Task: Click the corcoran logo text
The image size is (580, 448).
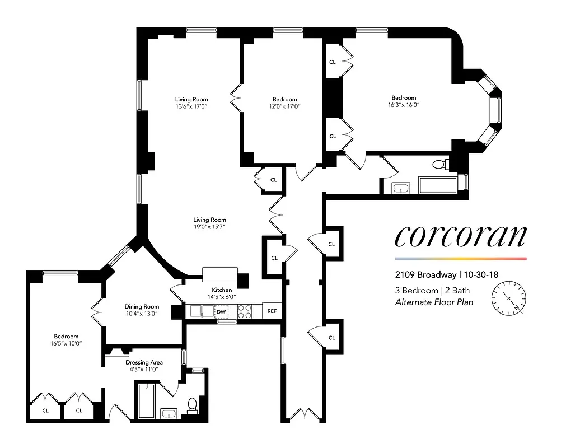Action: (x=460, y=236)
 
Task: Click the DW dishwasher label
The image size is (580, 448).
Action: (x=221, y=311)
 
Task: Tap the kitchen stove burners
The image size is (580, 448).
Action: (x=245, y=311)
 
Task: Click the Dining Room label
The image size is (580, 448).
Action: (x=142, y=307)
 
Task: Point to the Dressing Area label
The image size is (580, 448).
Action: (x=144, y=362)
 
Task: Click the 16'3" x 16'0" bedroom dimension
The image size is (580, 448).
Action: (x=404, y=105)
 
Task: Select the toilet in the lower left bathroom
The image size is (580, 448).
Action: (x=191, y=404)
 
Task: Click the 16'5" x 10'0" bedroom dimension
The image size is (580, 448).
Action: (x=66, y=344)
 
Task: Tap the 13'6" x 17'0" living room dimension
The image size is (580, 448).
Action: (x=191, y=107)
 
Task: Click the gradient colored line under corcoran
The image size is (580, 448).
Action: (x=460, y=259)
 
